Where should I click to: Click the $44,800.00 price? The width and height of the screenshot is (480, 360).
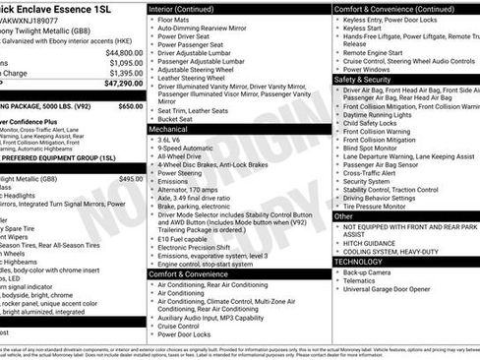pos(124,52)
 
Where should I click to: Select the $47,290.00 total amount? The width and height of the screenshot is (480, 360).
pos(124,84)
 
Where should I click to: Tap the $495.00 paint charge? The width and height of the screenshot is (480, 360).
pos(131,179)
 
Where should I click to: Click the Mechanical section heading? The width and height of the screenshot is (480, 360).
pos(169,129)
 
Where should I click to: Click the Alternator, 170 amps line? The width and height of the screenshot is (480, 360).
pos(195,188)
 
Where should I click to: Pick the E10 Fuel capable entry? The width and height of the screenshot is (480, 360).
pos(188,237)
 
